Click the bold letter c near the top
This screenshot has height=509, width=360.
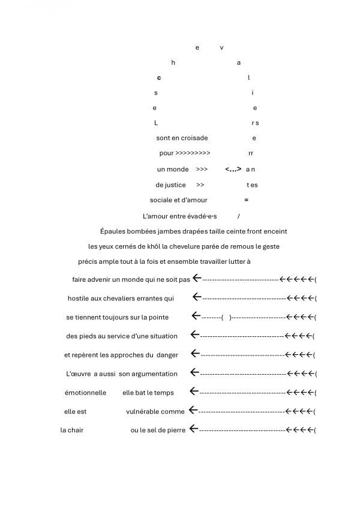[x=159, y=78]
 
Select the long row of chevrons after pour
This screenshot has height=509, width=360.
[x=193, y=153]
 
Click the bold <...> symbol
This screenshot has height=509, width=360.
[x=233, y=169]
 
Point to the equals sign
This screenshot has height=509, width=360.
[x=247, y=200]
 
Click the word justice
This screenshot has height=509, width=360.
[x=175, y=185]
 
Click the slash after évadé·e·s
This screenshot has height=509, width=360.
[x=239, y=216]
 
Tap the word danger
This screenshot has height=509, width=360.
[x=167, y=355]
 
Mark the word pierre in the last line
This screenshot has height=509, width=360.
[x=174, y=430]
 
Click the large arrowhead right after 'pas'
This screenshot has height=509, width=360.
[x=197, y=279]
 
